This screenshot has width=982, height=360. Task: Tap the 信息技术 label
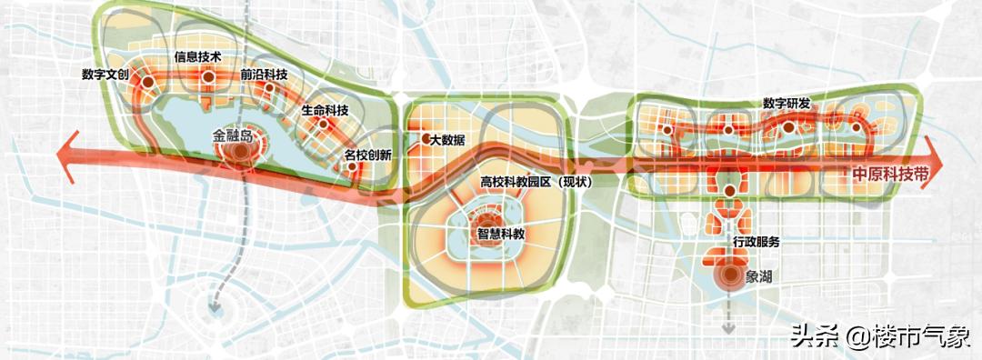click(x=198, y=56)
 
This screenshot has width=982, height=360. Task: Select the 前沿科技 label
click(x=264, y=76)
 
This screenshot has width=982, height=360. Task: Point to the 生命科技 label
click(x=325, y=111)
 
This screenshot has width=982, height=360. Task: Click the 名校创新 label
click(x=368, y=155)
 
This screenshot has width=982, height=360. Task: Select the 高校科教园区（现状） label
click(x=536, y=182)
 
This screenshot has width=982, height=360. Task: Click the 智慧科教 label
click(x=503, y=233)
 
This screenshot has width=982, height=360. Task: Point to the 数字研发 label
click(x=787, y=102)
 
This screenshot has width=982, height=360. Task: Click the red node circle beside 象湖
click(x=728, y=275)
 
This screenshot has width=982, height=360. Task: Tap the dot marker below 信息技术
click(x=207, y=80)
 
